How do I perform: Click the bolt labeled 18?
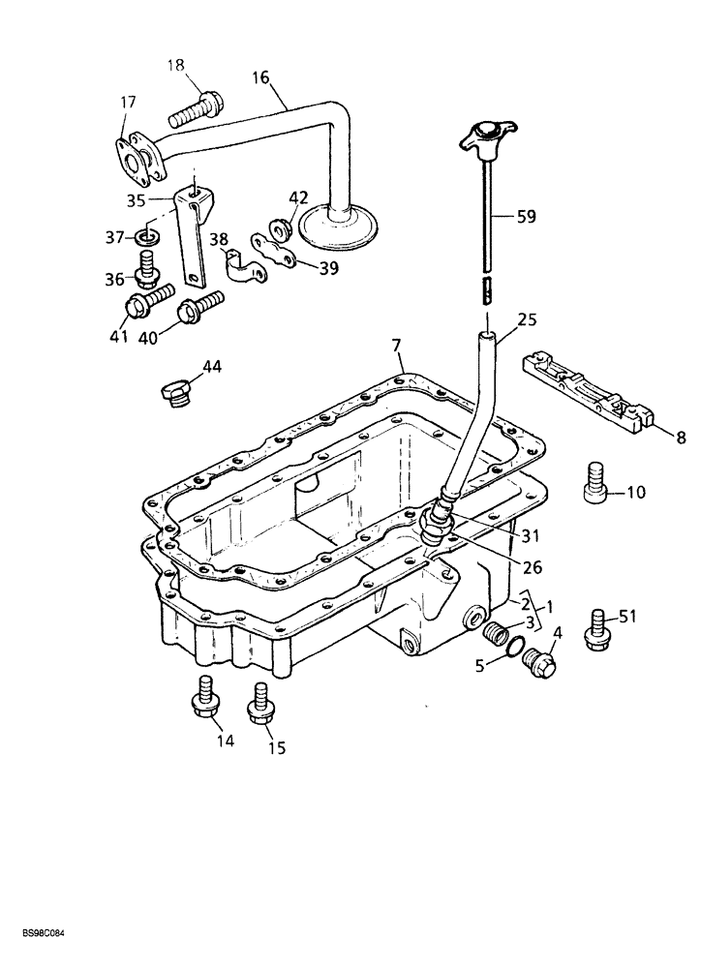(195, 109)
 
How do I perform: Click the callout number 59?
(526, 218)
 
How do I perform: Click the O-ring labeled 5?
(516, 649)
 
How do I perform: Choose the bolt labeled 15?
(259, 703)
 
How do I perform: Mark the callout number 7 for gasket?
(396, 346)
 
